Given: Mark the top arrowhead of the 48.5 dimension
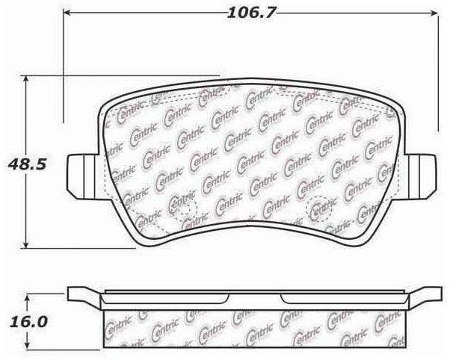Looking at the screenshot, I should [x=28, y=78].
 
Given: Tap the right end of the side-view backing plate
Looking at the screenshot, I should [x=427, y=294].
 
